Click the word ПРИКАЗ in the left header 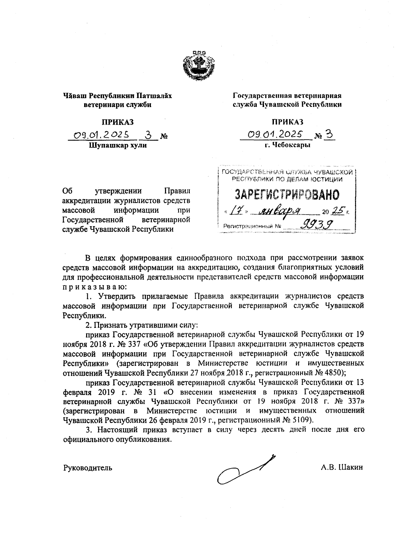coord(117,122)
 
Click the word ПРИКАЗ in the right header coord(287,122)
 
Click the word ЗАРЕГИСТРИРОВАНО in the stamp coord(286,195)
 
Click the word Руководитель coord(87,468)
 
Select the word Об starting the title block coord(67,191)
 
